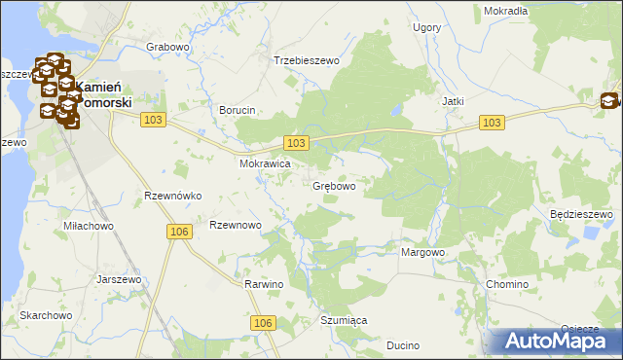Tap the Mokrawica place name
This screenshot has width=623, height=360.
coord(266,164)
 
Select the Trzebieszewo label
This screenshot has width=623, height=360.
coord(306,60)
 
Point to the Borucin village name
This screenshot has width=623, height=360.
coord(237,111)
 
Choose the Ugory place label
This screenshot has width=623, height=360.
coord(426,28)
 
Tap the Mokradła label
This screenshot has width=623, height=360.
coord(505,11)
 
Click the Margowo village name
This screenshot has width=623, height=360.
coord(422,252)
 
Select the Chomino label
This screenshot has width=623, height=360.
coord(506,285)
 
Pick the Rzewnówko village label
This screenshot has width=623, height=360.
coord(172,196)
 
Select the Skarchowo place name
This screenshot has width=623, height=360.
coord(46,316)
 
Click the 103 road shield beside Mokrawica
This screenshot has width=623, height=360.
coord(298,143)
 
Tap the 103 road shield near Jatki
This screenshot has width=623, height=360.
coord(492,122)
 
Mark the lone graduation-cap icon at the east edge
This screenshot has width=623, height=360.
coord(609,100)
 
